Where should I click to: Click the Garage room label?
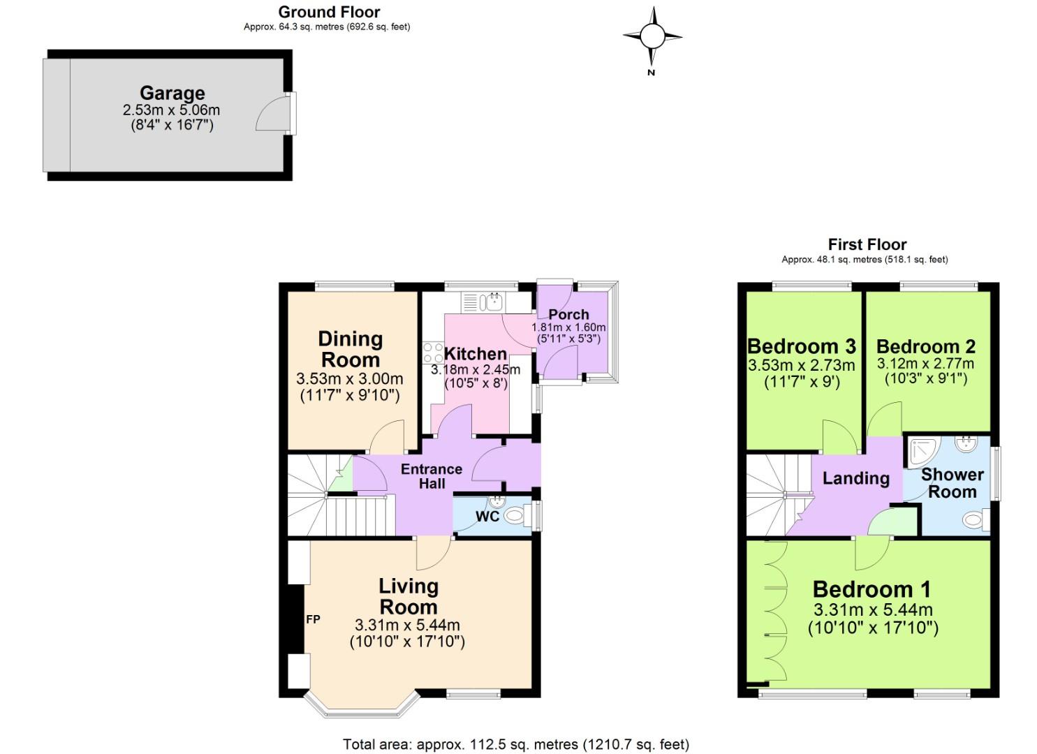pos(172,93)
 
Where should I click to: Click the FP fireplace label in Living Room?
pos(313,619)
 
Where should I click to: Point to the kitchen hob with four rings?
pos(432,353)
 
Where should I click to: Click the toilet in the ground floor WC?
pos(515,517)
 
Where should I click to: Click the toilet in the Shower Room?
pos(973,519)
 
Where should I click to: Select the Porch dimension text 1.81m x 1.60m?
pos(568,327)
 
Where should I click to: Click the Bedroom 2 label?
pos(925,346)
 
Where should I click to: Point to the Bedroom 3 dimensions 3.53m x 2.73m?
pos(801,365)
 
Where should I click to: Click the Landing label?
pos(855,478)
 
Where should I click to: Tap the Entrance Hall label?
pos(432,476)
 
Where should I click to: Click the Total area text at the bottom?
pos(515,744)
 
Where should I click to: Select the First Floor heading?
pos(867,244)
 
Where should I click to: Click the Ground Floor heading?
pos(329,12)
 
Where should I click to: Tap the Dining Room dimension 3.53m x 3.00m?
pos(349,379)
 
